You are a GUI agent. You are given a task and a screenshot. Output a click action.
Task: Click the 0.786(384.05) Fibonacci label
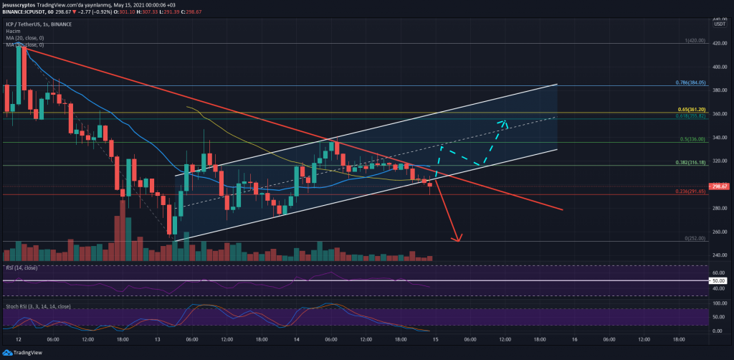(x=690, y=82)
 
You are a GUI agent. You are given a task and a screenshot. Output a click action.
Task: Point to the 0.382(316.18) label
(x=690, y=162)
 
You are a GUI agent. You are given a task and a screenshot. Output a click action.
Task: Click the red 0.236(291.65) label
(x=690, y=191)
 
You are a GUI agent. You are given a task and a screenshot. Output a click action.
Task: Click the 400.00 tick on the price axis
(x=719, y=67)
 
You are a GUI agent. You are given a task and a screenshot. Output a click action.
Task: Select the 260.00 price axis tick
(x=719, y=232)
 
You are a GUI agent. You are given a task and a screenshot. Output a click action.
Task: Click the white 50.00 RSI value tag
(x=720, y=280)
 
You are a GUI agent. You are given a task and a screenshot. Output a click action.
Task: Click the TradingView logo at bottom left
(x=22, y=352)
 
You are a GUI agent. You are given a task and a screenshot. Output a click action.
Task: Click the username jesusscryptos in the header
(x=22, y=4)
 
